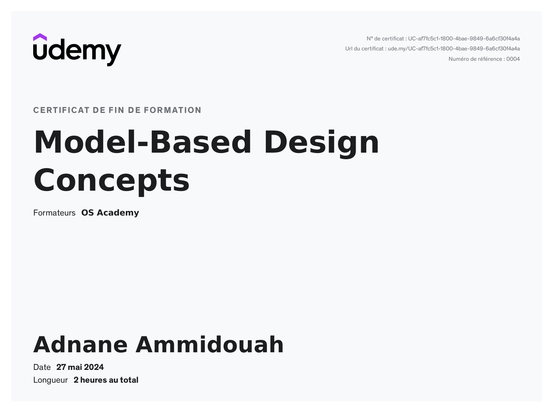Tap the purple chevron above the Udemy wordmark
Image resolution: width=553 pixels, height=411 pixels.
click(40, 37)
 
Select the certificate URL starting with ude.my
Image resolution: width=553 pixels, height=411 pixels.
click(453, 49)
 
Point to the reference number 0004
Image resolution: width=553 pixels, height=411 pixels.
click(513, 59)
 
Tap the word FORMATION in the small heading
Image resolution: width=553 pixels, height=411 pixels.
click(172, 110)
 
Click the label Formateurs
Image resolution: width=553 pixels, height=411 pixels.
click(54, 213)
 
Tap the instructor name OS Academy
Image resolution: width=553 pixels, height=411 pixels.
click(110, 213)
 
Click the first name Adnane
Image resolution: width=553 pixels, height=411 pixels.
click(81, 345)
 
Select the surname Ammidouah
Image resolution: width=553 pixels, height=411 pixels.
click(209, 345)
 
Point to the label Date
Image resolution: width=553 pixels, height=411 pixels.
click(42, 367)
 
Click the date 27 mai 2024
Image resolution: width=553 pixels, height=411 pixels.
click(80, 367)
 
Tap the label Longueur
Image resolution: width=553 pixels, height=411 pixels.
click(50, 380)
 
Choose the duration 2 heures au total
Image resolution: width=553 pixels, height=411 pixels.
click(106, 380)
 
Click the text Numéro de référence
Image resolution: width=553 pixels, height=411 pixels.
click(475, 59)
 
